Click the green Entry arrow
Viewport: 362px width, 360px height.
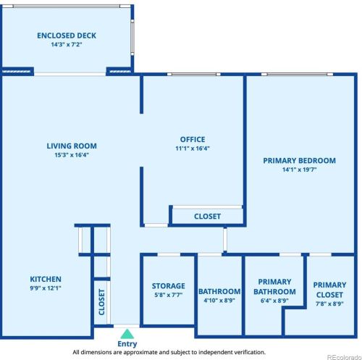(127, 334)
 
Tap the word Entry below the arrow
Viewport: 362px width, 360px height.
(127, 344)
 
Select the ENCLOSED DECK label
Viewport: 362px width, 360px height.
(67, 35)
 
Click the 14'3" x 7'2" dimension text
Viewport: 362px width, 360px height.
(67, 44)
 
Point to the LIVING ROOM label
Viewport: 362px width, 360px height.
(72, 146)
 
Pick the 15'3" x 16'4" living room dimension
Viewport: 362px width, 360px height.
(72, 155)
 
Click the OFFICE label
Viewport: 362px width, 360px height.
(193, 139)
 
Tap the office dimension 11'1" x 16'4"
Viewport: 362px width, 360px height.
(193, 148)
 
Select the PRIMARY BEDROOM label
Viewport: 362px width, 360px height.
(299, 161)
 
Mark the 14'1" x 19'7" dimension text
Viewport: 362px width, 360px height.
(299, 169)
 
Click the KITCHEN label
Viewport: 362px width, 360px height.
(46, 279)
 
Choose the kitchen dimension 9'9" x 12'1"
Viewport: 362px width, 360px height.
(46, 288)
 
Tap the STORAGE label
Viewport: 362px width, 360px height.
(169, 286)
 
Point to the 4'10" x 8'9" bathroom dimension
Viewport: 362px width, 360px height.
(219, 301)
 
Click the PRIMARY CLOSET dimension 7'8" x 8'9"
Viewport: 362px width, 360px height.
(329, 304)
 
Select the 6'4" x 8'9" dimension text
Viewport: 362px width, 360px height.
(274, 301)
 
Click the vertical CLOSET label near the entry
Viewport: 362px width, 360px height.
(102, 302)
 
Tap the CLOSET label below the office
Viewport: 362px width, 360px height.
(207, 217)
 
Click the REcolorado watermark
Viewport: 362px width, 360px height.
(344, 357)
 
